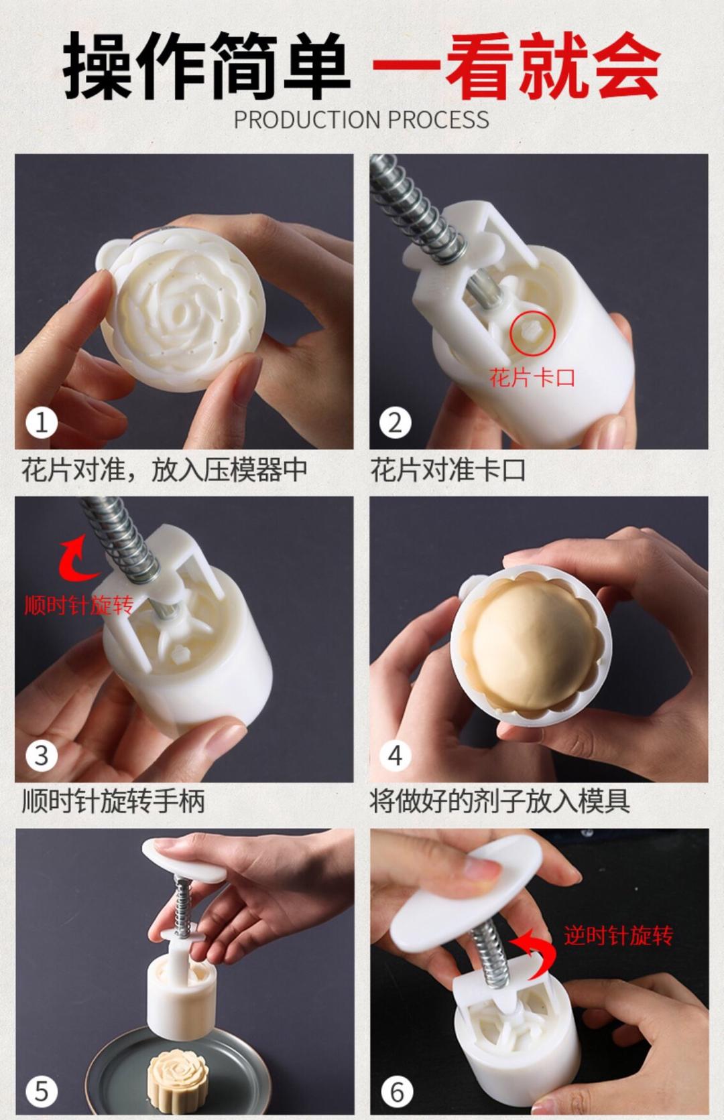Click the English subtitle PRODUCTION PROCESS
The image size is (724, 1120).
point(361,120)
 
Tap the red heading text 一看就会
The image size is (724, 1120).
point(516,66)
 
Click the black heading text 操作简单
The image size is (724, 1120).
point(206,66)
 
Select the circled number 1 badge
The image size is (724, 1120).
point(42,423)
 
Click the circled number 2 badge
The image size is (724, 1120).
point(395,423)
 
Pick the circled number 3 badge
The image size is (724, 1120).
point(42,756)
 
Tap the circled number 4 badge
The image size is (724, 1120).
point(395,756)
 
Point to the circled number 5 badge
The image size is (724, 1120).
point(42,1092)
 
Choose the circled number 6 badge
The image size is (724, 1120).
point(396,1092)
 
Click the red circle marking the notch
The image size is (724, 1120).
point(532,332)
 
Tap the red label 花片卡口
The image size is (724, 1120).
point(532,378)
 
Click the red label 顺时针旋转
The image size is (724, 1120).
point(79,606)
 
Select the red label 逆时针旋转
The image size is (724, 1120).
point(618,935)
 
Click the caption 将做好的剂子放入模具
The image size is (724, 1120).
point(499,801)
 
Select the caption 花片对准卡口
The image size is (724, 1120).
point(448,470)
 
